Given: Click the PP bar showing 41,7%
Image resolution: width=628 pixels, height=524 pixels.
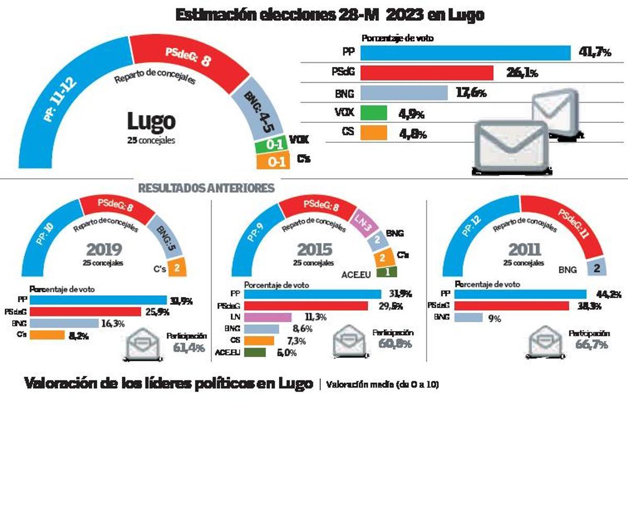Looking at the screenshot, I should click(x=465, y=53).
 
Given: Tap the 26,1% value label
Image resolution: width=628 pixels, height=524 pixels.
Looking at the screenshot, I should click(x=521, y=73).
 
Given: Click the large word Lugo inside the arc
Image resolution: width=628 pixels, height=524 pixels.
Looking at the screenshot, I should click(x=151, y=121).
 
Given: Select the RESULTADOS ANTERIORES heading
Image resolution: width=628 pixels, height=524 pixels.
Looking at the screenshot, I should click(x=206, y=188).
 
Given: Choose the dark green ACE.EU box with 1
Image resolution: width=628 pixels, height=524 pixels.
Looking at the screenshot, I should click(x=386, y=272).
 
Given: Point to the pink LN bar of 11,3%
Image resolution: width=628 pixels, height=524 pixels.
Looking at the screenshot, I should click(x=268, y=317).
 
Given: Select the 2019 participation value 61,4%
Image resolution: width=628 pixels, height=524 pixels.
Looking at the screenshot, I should click(x=188, y=347).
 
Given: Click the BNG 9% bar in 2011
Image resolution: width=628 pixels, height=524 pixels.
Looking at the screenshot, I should click(x=468, y=317).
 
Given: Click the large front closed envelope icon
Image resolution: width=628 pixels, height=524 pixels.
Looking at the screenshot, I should click(x=511, y=146).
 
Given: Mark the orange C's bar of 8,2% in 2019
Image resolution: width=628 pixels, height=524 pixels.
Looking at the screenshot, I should click(x=47, y=335).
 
